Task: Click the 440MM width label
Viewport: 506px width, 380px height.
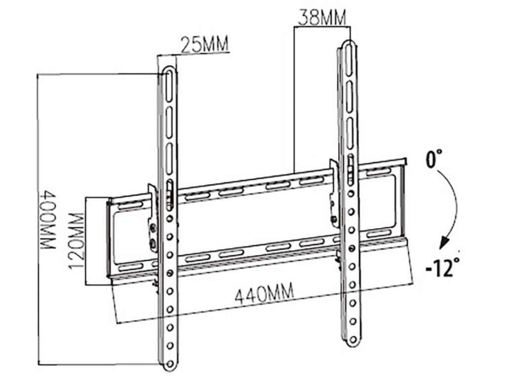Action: (x=264, y=293)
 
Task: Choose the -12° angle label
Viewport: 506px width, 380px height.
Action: (x=442, y=267)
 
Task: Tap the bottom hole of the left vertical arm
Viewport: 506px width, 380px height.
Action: (x=170, y=365)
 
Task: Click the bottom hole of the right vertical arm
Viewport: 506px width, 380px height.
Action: (x=353, y=339)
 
